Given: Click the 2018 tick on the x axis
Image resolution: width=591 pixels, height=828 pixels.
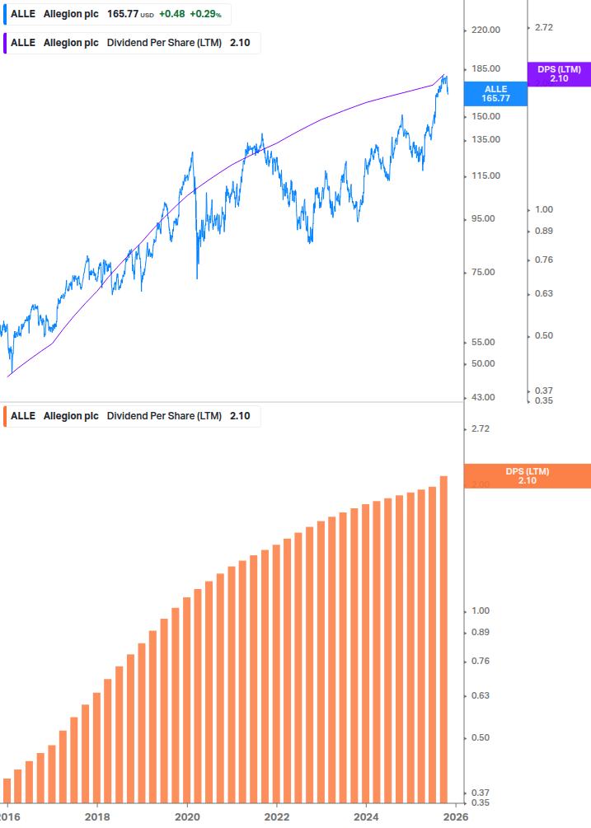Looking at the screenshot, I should click(x=97, y=816).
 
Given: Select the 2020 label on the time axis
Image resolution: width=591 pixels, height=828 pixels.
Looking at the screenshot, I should click(x=187, y=816).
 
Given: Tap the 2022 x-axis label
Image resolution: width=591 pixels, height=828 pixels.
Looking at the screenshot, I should click(x=277, y=816).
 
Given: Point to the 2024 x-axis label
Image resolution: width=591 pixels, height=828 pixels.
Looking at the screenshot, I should click(x=367, y=816).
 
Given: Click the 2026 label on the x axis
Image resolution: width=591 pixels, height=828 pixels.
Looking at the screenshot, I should click(x=456, y=816).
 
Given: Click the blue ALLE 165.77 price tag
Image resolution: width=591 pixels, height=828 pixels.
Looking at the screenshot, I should click(x=495, y=93).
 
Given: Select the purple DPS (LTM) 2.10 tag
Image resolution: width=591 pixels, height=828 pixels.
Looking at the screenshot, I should click(x=559, y=74).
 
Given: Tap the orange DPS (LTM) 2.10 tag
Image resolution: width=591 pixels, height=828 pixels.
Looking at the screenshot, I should click(x=528, y=476).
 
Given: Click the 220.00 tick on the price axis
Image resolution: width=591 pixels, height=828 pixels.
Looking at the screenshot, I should click(x=485, y=30).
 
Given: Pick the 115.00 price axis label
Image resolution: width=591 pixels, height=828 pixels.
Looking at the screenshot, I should click(x=485, y=175).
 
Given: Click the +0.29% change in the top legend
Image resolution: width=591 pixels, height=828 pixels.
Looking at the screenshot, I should click(x=205, y=15).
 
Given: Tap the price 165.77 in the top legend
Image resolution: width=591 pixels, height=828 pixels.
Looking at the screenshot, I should click(x=123, y=15).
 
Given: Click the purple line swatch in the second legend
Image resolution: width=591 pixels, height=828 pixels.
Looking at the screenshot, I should click(x=6, y=43).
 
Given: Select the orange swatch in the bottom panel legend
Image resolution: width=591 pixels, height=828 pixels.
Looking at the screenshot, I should click(x=6, y=416).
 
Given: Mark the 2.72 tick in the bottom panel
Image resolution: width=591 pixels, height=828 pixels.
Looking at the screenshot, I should click(x=478, y=428).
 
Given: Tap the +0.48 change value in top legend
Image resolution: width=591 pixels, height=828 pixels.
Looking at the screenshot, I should click(x=171, y=15).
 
